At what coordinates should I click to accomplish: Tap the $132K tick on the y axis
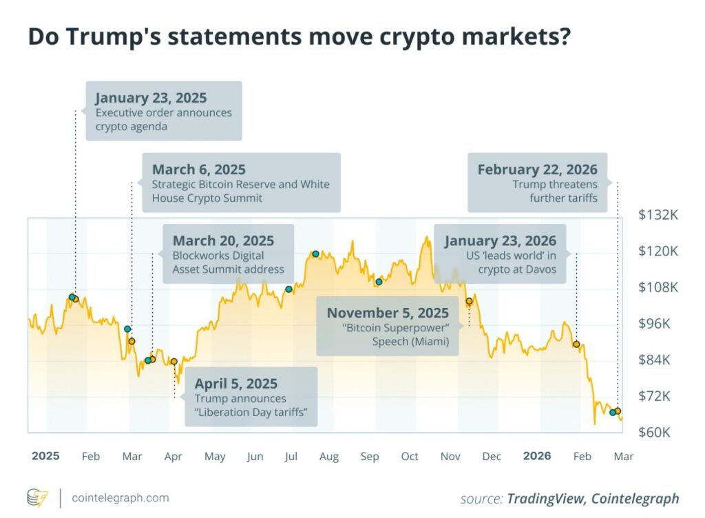pos(657,215)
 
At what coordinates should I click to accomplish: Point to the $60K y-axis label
pos(657,433)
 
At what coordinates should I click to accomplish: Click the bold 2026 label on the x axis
pos(537,456)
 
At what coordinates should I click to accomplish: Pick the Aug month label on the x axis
pos(329,457)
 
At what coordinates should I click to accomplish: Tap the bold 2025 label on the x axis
pos(45,456)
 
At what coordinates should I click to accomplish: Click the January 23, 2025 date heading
pos(151,98)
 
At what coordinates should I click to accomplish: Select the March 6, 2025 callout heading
pos(199,169)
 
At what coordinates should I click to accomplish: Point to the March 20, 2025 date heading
pos(223,241)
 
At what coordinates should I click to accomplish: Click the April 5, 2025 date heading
pos(236,384)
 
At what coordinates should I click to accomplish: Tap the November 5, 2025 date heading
pos(388,313)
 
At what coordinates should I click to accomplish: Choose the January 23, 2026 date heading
pos(500,241)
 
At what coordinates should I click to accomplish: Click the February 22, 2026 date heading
pos(537,169)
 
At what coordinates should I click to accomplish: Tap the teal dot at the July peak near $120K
pos(316,253)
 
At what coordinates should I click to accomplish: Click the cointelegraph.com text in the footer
pos(118,497)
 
